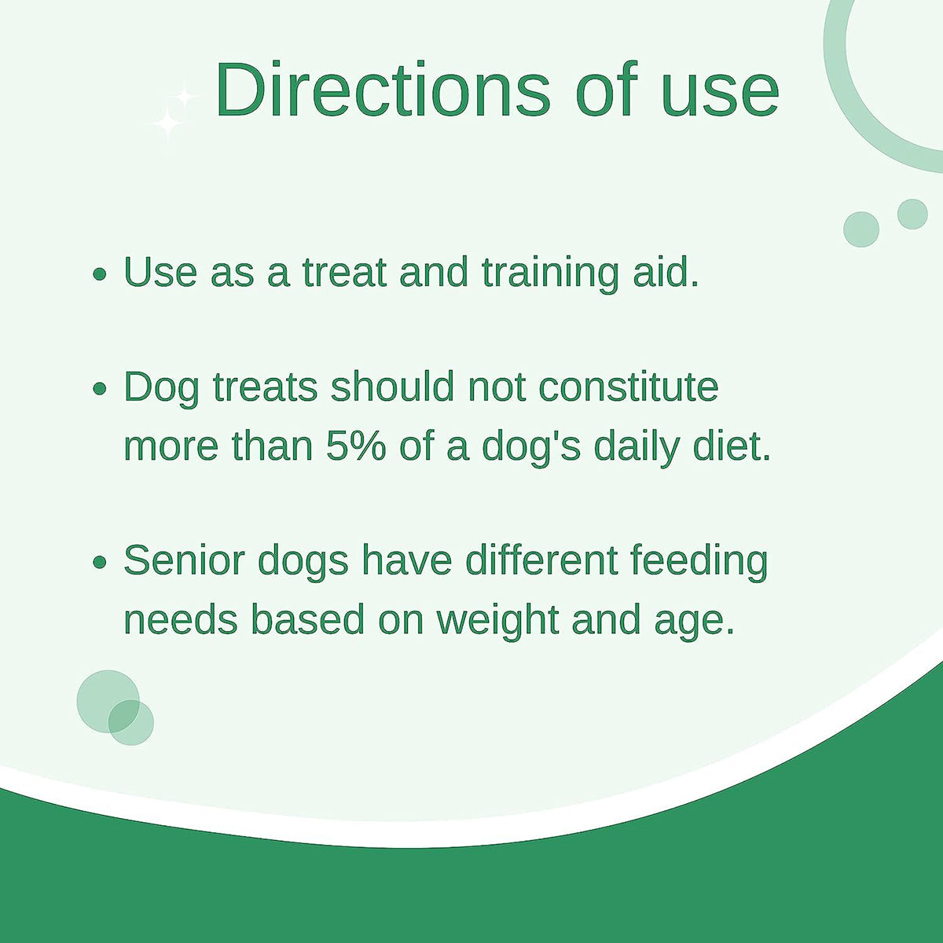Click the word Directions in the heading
[x=383, y=90]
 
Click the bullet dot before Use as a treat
[x=99, y=274]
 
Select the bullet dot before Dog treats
[x=99, y=389]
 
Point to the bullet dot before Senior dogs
[x=99, y=563]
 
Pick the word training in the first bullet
[x=551, y=274]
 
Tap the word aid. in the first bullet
[x=666, y=272]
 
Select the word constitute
[x=629, y=387]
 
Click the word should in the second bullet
[x=392, y=387]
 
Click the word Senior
[x=184, y=560]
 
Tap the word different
[x=540, y=560]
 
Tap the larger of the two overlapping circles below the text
[x=108, y=701]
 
